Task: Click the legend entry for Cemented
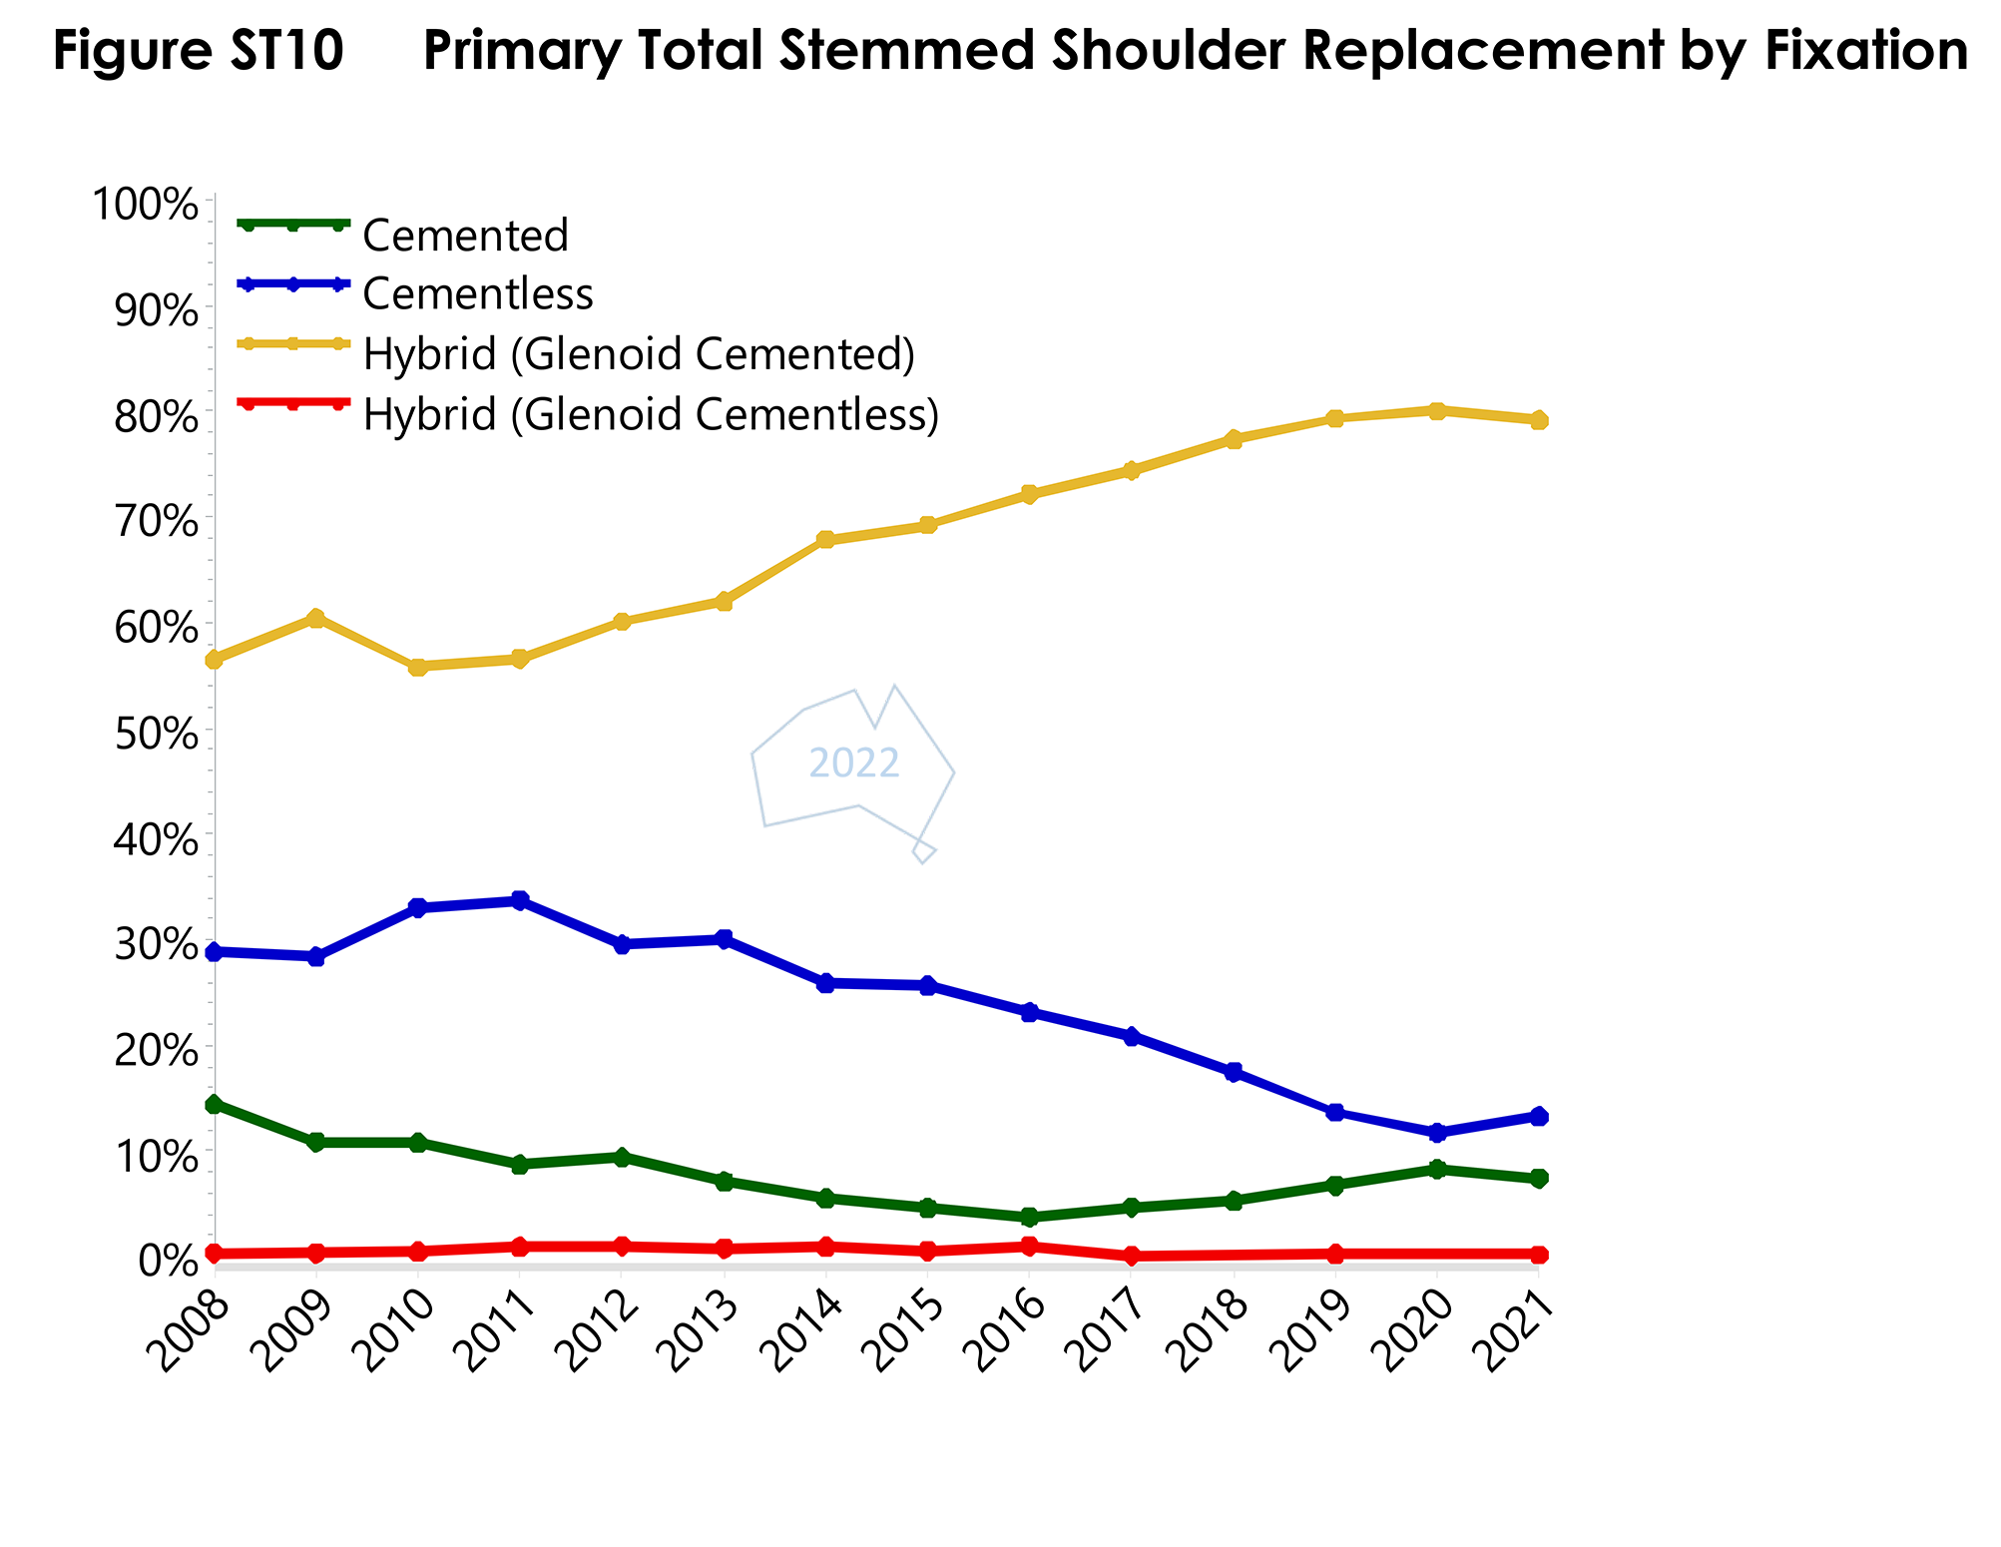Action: tap(465, 236)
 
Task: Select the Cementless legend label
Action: tap(478, 294)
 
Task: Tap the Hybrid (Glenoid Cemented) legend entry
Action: tap(639, 354)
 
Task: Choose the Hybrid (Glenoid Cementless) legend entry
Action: tap(651, 414)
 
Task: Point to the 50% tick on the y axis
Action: tap(158, 735)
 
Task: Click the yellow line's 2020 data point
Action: tap(1437, 411)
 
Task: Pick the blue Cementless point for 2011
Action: tap(519, 900)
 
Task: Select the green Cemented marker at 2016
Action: tap(1029, 1217)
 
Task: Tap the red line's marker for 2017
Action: tap(1132, 1256)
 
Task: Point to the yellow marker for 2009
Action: tap(315, 619)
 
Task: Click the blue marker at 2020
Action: tap(1437, 1133)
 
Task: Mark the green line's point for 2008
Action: tap(214, 1104)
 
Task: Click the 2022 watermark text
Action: tap(854, 764)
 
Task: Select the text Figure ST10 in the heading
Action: tap(199, 50)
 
